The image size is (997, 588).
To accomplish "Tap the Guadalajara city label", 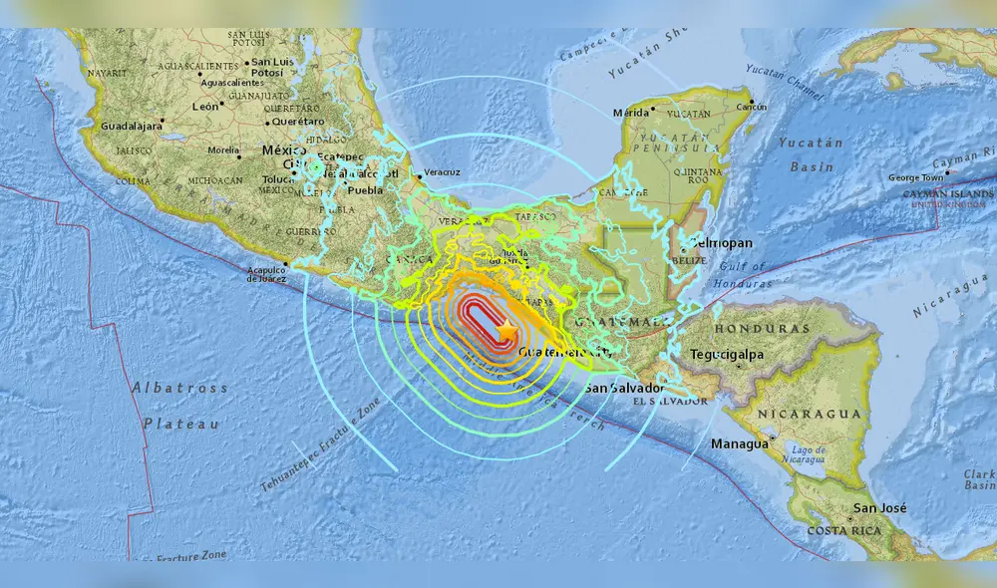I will [x=131, y=127].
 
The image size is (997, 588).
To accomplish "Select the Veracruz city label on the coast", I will [x=443, y=172].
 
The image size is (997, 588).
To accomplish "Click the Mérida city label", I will [x=630, y=112].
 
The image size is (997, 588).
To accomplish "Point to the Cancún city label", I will [x=751, y=107].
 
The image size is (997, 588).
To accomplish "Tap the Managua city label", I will [x=739, y=442].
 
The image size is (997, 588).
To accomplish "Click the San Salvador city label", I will [x=624, y=388].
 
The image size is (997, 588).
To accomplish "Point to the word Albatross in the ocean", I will [x=179, y=388].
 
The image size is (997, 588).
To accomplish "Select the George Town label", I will [x=915, y=177].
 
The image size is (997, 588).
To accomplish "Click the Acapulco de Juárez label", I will [x=266, y=273].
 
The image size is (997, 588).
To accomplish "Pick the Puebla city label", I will [x=365, y=189].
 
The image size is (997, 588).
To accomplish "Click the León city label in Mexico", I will [x=205, y=106].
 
